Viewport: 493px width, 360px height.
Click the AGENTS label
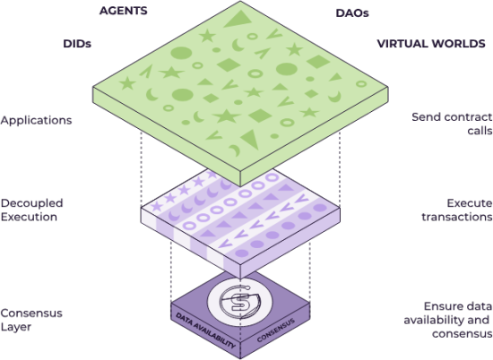click(x=124, y=11)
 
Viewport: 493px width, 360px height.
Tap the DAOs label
click(x=352, y=13)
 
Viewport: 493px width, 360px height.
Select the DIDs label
click(x=77, y=44)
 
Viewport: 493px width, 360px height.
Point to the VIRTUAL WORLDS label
click(x=431, y=43)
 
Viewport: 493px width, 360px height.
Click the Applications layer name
click(x=36, y=120)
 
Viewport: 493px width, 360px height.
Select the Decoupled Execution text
click(x=31, y=210)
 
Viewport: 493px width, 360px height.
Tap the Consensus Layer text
click(x=31, y=320)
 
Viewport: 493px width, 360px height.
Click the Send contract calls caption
click(x=452, y=124)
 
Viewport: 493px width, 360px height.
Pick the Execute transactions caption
click(x=457, y=210)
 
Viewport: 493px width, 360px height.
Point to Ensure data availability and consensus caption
click(x=448, y=320)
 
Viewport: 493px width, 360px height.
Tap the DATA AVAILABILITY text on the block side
click(x=206, y=330)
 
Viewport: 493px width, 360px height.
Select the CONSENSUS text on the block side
click(x=276, y=330)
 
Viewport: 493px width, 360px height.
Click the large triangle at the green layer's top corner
click(x=238, y=20)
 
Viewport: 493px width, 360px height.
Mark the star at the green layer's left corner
click(x=127, y=83)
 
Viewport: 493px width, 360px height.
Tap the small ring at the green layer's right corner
click(x=361, y=84)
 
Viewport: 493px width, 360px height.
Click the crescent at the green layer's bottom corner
click(x=236, y=150)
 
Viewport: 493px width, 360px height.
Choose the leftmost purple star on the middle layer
click(x=157, y=206)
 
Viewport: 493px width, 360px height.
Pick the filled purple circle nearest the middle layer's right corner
click(x=320, y=208)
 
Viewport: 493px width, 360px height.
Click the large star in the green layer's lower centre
click(x=227, y=116)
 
